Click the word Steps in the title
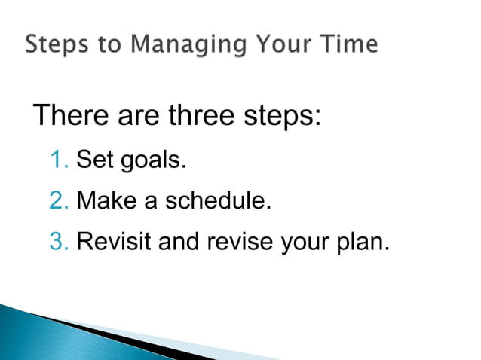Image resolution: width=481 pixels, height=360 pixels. (55, 44)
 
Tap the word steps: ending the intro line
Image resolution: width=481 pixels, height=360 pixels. (279, 117)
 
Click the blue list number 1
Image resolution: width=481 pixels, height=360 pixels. (58, 160)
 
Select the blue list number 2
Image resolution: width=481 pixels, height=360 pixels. (58, 201)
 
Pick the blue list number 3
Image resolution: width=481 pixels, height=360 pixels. (58, 243)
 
